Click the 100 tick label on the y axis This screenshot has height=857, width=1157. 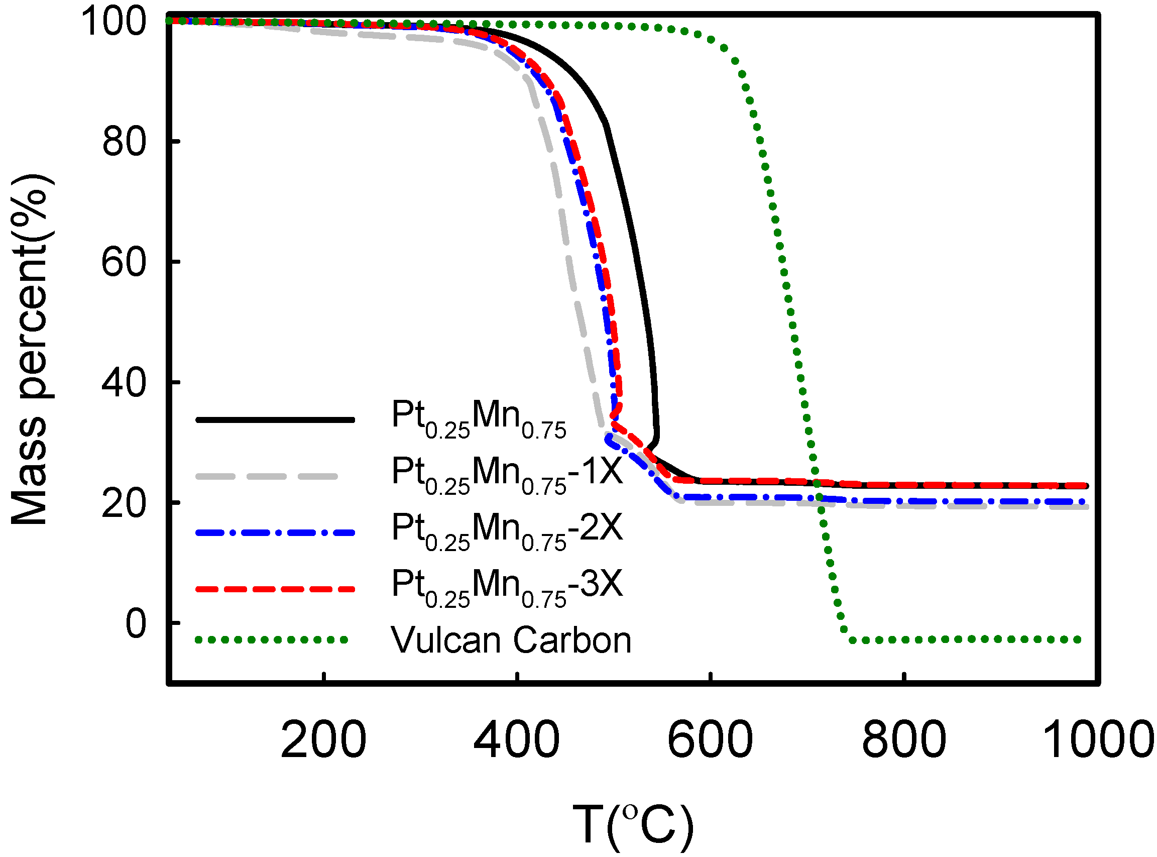(113, 22)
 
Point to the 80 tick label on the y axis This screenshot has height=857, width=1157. (125, 142)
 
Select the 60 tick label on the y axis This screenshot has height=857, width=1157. (125, 262)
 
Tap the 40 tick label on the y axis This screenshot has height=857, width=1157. (125, 383)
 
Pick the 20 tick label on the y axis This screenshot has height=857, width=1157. (125, 503)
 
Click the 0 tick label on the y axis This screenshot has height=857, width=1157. (137, 623)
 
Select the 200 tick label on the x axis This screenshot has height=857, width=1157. (323, 740)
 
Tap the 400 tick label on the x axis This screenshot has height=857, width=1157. (517, 740)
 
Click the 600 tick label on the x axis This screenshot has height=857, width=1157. (710, 740)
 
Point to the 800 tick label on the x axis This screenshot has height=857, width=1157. (904, 740)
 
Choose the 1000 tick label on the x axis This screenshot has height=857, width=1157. (1097, 740)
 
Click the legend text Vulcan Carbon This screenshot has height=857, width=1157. (511, 640)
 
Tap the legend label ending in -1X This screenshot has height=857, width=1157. (507, 473)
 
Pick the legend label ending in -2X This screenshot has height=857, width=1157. (507, 529)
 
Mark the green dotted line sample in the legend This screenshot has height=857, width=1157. (272, 640)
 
